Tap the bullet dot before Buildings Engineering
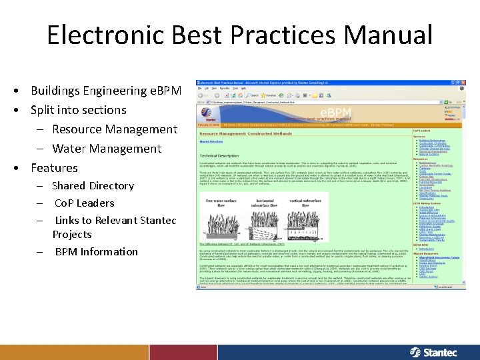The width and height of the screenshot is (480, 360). click(23, 91)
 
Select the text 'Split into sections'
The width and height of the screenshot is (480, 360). click(78, 110)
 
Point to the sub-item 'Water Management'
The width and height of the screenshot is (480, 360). click(107, 149)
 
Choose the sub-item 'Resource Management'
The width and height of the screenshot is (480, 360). click(115, 129)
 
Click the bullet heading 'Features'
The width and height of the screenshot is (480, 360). click(54, 168)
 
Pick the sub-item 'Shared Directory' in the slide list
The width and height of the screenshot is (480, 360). click(93, 186)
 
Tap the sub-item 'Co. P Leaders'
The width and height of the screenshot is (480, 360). click(84, 203)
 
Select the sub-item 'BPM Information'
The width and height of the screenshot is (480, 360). click(96, 252)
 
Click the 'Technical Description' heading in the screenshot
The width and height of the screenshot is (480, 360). click(218, 155)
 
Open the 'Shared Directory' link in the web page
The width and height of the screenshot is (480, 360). click(211, 142)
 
